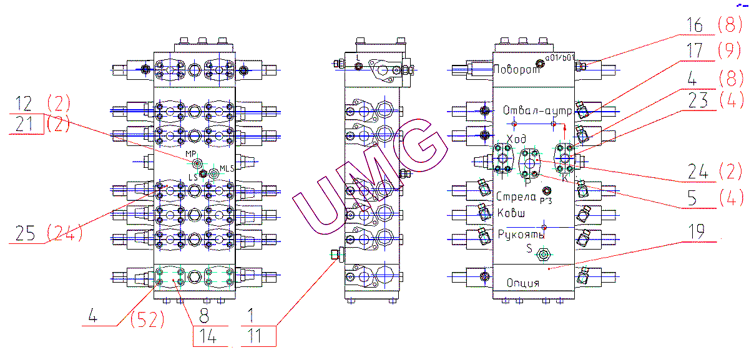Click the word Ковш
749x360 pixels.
coord(511,213)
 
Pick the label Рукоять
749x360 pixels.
coord(521,235)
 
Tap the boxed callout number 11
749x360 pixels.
coord(258,338)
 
